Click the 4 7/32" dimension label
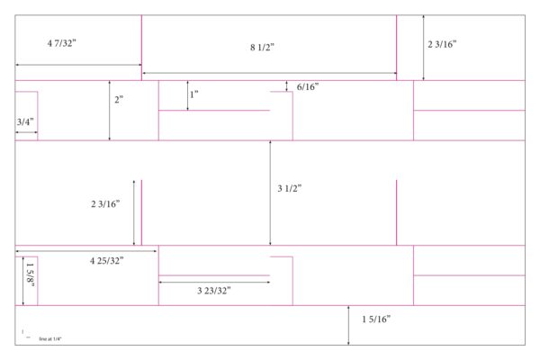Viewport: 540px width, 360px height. [x=61, y=43]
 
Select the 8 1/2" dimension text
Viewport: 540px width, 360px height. [x=262, y=47]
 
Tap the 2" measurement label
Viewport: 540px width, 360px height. [x=119, y=100]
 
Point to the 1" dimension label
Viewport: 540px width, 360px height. [x=194, y=94]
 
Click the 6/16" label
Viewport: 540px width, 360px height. [x=308, y=86]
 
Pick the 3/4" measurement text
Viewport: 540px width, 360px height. [x=25, y=121]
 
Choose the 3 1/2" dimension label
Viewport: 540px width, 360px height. [x=290, y=188]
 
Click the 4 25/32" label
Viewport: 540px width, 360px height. [x=107, y=261]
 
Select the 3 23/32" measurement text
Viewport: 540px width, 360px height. [x=214, y=291]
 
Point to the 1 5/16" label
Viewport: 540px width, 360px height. [x=376, y=319]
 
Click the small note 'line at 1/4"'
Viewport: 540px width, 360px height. [x=50, y=339]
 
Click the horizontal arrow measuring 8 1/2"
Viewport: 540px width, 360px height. [x=270, y=73]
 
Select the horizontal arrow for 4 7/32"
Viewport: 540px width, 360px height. [x=78, y=65]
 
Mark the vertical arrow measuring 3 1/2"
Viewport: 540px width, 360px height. [x=270, y=193]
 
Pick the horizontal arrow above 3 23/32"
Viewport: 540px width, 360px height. [x=214, y=282]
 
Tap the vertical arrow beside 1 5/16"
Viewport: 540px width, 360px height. [x=348, y=325]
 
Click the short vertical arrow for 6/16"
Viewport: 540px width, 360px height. [x=286, y=86]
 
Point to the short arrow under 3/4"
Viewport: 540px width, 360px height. [x=26, y=132]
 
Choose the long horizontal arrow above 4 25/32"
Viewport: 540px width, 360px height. [x=86, y=251]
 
